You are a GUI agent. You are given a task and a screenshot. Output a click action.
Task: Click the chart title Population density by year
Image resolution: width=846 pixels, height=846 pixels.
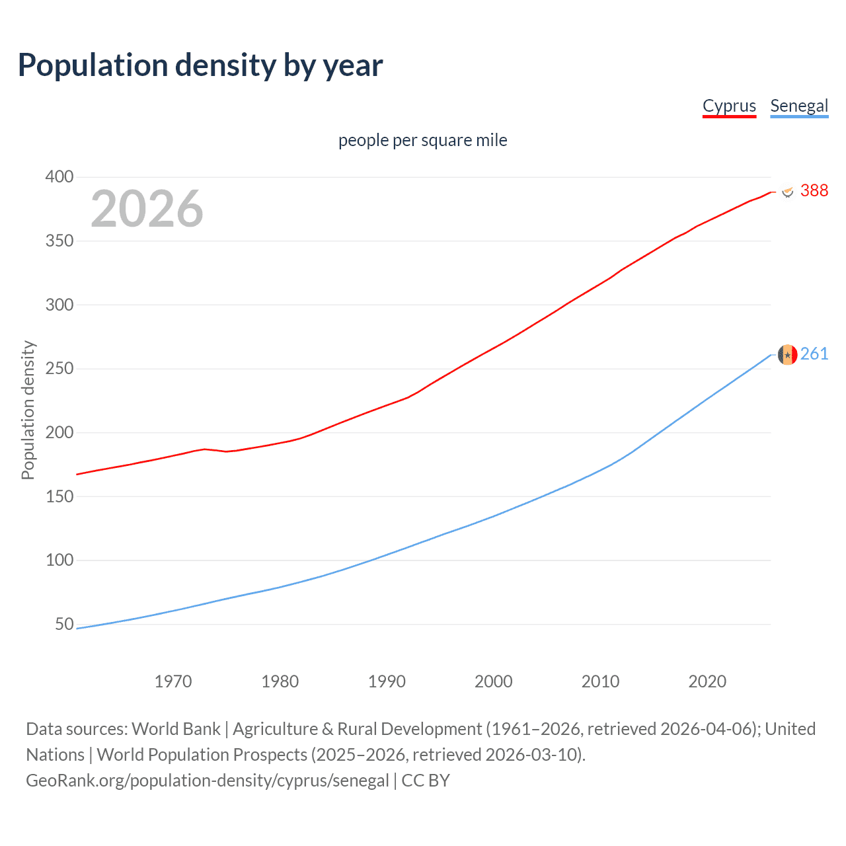coord(200,65)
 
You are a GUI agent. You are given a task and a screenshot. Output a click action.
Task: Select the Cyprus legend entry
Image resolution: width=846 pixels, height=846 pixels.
coord(729,106)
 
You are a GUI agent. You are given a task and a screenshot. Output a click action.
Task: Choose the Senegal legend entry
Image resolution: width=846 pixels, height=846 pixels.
coord(799,106)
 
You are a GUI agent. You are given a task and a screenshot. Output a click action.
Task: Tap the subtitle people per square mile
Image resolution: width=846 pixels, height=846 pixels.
coord(422,140)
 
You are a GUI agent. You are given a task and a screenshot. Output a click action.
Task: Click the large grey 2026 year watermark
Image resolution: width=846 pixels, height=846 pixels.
coord(147,209)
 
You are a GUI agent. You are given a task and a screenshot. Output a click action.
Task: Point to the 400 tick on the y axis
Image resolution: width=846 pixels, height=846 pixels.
coord(59,176)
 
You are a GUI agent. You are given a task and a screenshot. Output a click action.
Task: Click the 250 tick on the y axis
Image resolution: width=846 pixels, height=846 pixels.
coord(59,368)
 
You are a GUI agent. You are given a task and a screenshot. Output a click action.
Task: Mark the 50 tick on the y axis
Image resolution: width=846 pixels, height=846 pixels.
coord(64,624)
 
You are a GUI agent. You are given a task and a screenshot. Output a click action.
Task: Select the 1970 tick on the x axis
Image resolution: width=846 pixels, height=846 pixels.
coord(173,681)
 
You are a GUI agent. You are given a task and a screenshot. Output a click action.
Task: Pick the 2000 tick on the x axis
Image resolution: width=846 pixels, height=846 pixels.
coord(494,681)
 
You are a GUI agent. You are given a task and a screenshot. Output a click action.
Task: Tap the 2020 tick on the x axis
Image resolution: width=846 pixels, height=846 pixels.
coord(707,681)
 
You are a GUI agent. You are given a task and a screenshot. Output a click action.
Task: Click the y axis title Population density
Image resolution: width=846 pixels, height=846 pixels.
coord(28,410)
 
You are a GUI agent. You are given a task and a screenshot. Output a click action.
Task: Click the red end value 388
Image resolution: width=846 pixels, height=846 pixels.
coord(814,190)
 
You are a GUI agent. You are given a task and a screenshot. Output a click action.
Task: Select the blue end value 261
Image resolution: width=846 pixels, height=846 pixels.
coord(814,354)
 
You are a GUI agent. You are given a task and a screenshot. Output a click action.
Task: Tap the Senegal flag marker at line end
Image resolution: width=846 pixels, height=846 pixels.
coord(787,355)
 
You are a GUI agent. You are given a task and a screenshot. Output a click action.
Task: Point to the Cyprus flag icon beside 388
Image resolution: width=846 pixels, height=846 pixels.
coord(787,192)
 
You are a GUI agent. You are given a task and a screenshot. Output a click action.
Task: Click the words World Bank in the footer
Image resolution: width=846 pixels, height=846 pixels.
coord(176,729)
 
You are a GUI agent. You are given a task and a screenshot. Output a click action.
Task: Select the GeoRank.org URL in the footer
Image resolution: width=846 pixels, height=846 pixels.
coord(208,781)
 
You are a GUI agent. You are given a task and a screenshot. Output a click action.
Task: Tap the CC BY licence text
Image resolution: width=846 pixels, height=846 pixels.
coord(426,781)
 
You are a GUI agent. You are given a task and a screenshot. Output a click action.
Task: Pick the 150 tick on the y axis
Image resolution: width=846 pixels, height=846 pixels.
coord(59,496)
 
